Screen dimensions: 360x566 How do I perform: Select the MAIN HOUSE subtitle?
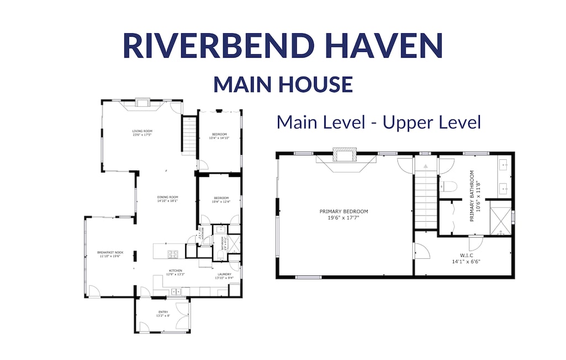[x=283, y=84]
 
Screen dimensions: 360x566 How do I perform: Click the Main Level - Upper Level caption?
[x=379, y=122]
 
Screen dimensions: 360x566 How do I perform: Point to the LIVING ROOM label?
[x=141, y=133]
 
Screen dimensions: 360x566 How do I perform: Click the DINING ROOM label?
[x=166, y=199]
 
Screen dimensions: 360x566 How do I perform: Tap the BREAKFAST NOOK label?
[x=110, y=254]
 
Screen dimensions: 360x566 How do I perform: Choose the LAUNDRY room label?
[x=224, y=275]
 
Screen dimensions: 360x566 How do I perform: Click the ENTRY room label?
[x=163, y=314]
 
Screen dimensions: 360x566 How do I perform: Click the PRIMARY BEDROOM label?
[x=343, y=214]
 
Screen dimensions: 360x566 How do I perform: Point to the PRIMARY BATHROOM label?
[x=475, y=196]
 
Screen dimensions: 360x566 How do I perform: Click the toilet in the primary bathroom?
[x=449, y=186]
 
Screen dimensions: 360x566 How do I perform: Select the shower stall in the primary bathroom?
[x=500, y=220]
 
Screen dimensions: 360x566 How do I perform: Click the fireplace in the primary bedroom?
[x=344, y=155]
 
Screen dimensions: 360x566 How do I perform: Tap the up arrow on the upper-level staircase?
[x=425, y=166]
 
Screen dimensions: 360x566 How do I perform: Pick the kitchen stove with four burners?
[x=173, y=254]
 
